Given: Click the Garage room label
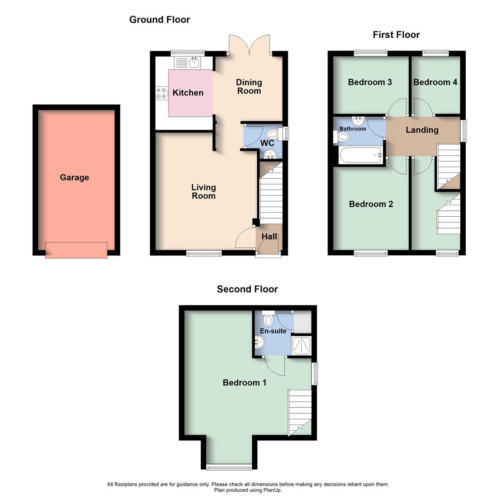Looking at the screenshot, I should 74,178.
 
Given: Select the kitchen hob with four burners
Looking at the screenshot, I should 162,93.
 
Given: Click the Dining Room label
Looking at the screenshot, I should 249,86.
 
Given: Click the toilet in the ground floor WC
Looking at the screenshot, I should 273,135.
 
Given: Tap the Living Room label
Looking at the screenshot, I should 203,192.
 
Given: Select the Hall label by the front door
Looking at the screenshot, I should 269,237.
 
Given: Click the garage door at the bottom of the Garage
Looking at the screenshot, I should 76,250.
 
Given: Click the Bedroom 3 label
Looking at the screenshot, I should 370,82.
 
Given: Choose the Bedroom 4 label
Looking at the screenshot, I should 435,82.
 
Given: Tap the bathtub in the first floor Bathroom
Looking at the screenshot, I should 360,155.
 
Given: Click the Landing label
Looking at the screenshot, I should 422,130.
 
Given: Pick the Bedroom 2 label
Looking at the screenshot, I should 371,204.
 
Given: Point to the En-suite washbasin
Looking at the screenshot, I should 259,342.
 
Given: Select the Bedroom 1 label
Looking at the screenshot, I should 244,383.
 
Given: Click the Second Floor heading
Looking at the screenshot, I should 247,289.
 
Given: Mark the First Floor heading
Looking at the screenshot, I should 396,35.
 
